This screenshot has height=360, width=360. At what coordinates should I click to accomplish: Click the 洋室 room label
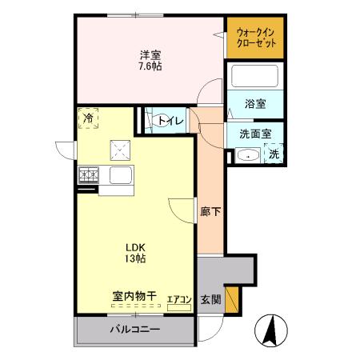coord(150,54)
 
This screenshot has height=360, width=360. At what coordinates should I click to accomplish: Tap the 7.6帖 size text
coord(150,66)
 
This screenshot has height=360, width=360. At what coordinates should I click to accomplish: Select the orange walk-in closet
coord(254,38)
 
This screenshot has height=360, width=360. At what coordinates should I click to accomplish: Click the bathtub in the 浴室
coord(254,78)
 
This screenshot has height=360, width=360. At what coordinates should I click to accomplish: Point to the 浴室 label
coord(254,104)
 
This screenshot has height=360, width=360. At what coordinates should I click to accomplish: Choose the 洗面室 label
coord(254,134)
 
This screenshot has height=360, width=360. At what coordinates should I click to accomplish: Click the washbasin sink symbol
coord(248,155)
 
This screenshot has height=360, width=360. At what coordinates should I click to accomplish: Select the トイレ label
coord(170,121)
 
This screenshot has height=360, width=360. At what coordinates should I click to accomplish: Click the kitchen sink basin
coord(121,175)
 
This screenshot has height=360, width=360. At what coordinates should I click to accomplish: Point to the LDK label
coord(134,246)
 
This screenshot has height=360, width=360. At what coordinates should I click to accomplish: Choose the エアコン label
coord(178,300)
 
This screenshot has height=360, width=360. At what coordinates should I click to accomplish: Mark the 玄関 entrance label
coord(210,299)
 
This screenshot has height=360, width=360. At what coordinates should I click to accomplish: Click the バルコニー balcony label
coord(134,330)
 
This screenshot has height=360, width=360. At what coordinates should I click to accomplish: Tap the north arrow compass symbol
coord(268,330)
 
